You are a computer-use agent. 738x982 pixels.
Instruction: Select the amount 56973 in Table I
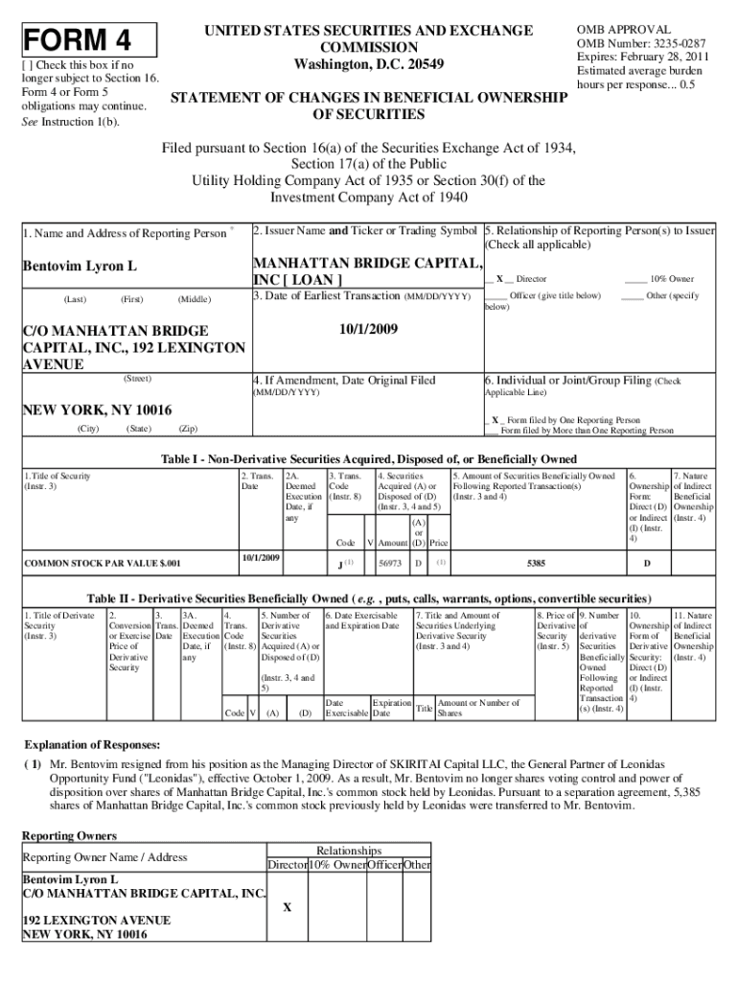390,563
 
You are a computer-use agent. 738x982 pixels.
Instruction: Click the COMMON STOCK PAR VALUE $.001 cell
101,563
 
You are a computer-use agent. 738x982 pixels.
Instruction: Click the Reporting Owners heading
70,836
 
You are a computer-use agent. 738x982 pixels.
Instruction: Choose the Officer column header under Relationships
385,865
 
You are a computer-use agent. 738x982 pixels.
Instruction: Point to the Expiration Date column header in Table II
391,708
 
